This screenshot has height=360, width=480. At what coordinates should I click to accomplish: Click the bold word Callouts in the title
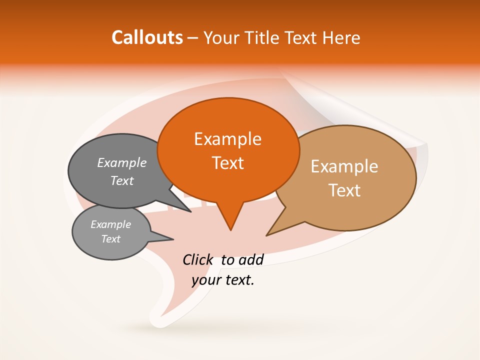(147, 37)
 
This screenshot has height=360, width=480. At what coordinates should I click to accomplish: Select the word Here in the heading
(341, 37)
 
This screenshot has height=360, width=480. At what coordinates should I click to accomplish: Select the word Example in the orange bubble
(227, 138)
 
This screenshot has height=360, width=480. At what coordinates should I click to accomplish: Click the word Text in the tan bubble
(344, 190)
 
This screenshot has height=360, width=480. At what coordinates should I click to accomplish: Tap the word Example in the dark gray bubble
(122, 162)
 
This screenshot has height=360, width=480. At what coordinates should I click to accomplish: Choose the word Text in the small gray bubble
(111, 239)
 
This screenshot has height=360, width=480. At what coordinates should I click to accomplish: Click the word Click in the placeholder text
(198, 259)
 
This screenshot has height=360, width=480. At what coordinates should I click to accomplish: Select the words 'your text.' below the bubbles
(223, 280)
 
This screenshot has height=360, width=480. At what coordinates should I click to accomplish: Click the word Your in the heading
(222, 37)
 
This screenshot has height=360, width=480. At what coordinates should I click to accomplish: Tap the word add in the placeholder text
(251, 259)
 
